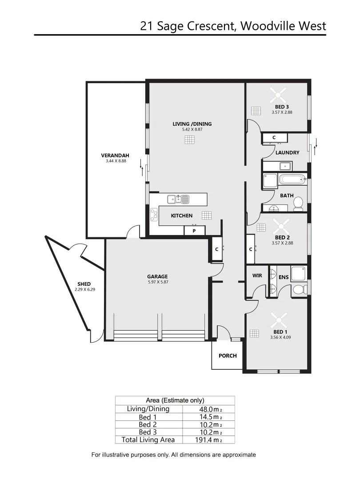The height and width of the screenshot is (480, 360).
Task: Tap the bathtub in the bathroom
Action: point(292,180)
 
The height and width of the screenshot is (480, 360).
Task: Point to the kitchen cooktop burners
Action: point(154,216)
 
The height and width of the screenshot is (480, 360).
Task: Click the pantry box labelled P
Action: point(194,231)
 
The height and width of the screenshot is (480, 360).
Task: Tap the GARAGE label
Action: point(157,276)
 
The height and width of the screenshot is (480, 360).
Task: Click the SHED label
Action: point(84,284)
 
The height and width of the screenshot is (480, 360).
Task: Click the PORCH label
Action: point(228,356)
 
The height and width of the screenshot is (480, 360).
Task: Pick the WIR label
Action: point(257,276)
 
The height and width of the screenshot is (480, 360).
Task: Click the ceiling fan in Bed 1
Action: point(280,317)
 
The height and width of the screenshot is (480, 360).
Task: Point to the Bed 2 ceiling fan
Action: point(280,224)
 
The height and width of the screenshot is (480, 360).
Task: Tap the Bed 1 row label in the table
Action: point(148,417)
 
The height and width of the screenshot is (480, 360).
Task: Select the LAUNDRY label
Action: point(287,152)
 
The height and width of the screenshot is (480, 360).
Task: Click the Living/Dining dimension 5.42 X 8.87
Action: point(192,129)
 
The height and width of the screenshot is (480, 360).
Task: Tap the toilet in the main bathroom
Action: point(298,204)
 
